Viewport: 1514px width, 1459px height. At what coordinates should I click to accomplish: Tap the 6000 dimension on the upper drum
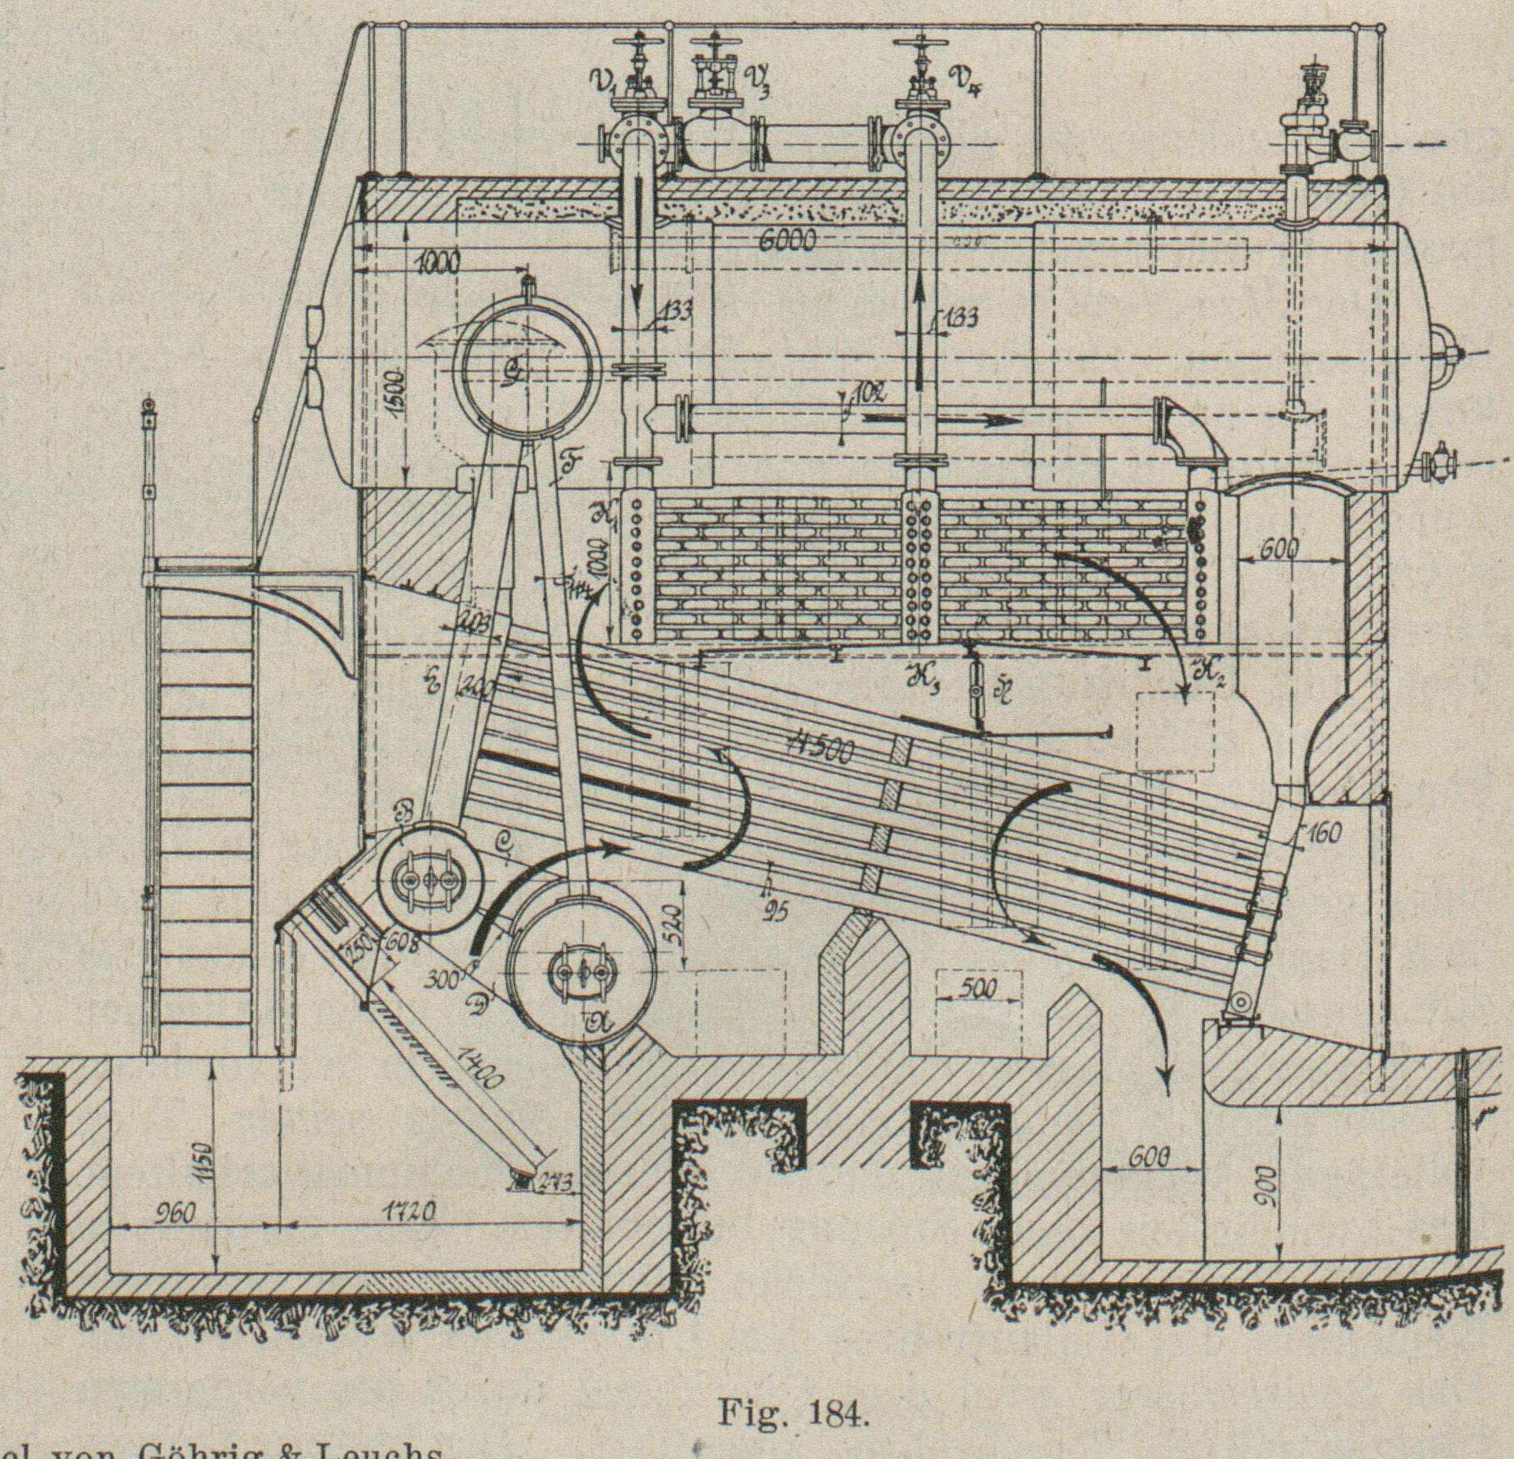pyautogui.click(x=787, y=241)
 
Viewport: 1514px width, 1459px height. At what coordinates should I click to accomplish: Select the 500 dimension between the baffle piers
pyautogui.click(x=979, y=988)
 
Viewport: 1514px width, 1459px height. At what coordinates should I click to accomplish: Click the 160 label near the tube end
pyautogui.click(x=1323, y=832)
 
